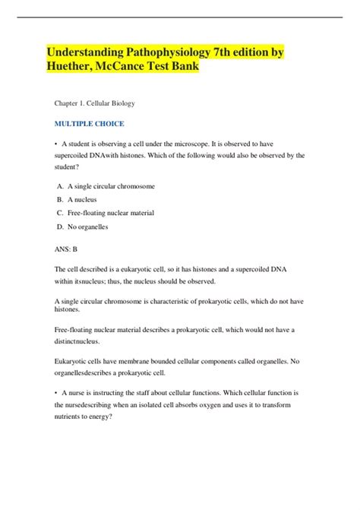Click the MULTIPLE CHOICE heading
[x=89, y=122]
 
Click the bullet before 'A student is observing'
[x=57, y=144]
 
